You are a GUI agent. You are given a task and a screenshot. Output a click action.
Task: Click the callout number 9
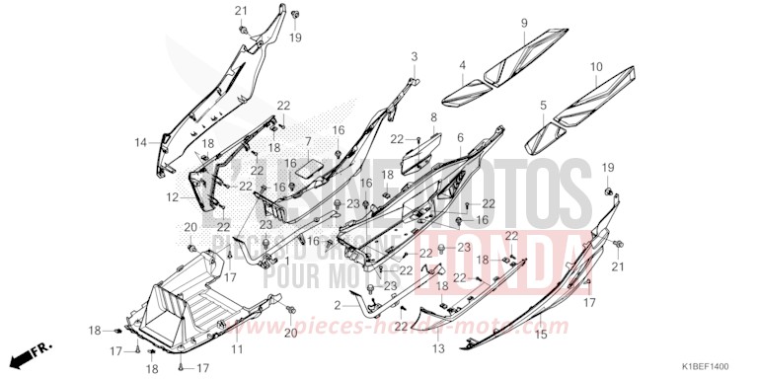tap(524, 23)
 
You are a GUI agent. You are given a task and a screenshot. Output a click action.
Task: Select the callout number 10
tap(595, 67)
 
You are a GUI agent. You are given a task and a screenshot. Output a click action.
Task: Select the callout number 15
tap(540, 336)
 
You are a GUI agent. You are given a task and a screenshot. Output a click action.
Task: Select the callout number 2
tap(339, 305)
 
